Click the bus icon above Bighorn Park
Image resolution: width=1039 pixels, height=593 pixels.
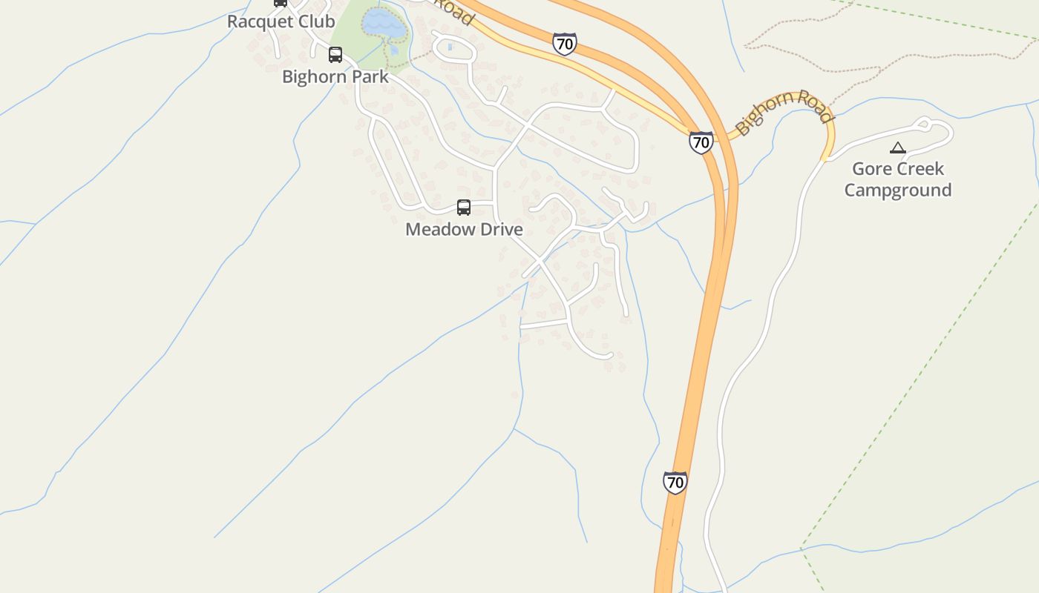[335, 55]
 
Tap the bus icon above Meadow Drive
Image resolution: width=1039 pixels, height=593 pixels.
[464, 208]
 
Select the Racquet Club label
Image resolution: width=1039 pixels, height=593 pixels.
[281, 21]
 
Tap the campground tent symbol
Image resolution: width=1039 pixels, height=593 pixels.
[898, 148]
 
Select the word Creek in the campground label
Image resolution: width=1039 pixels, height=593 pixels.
[922, 169]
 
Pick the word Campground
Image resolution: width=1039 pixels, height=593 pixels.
[898, 191]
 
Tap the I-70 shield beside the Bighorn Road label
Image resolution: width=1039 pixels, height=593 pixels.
[701, 142]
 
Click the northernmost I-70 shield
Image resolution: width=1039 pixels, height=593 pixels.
[565, 44]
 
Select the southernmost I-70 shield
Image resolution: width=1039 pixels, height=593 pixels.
[675, 483]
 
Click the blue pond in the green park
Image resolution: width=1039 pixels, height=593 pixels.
[384, 25]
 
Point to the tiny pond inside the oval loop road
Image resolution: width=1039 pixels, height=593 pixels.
[450, 47]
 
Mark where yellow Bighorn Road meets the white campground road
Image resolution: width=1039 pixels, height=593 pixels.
[825, 158]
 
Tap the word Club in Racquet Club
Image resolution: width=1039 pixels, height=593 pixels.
[315, 21]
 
